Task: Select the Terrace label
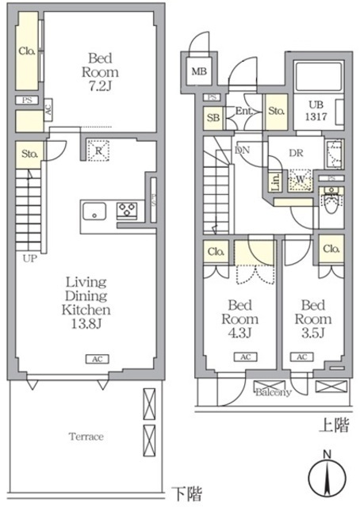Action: coord(86,436)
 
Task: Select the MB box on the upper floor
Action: coord(198,73)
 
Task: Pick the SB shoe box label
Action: coord(213,117)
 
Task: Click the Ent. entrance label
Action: coord(244,112)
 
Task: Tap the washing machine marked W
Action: coord(300,179)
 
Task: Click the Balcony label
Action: coord(273,391)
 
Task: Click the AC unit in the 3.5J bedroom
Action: coord(302,357)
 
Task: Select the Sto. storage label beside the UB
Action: coord(277,111)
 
